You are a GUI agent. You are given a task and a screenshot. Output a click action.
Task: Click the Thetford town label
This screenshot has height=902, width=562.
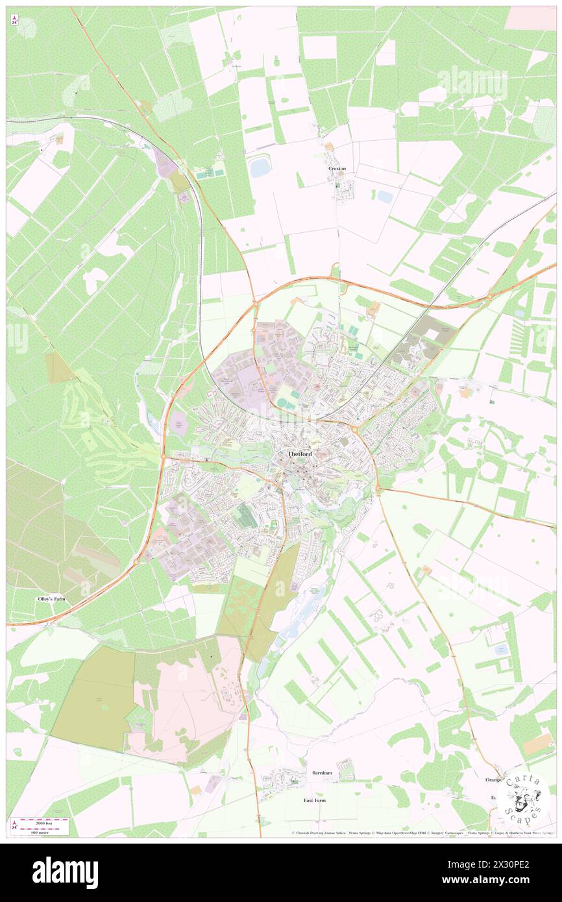point(300,454)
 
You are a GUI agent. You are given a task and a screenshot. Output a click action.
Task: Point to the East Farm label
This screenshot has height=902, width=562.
point(315,800)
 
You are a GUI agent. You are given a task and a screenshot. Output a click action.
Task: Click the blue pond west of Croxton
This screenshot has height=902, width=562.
point(260,167)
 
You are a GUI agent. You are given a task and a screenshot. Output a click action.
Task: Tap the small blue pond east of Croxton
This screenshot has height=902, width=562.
point(385,196)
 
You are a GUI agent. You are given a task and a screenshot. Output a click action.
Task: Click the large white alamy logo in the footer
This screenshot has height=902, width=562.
point(65,872)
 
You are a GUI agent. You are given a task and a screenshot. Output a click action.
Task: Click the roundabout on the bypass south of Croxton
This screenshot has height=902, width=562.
point(336,278)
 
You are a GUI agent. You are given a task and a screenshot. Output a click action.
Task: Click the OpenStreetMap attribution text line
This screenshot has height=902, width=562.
point(415,833)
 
